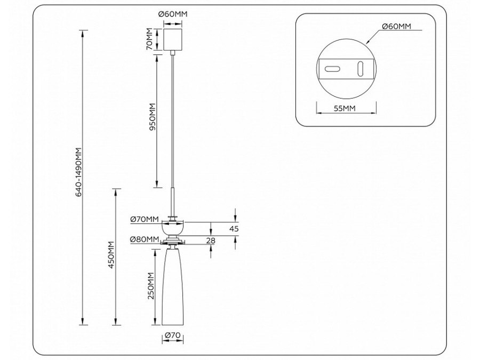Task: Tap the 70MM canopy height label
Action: tap(150, 39)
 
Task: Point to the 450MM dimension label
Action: tap(111, 255)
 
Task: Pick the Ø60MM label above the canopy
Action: tap(172, 13)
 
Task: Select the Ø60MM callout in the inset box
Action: tap(396, 26)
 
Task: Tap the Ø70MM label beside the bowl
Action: tap(145, 219)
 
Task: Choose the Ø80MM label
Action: tap(144, 239)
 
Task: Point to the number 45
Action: tap(234, 229)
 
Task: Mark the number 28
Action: tap(211, 241)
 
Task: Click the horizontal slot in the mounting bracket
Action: tap(332, 69)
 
